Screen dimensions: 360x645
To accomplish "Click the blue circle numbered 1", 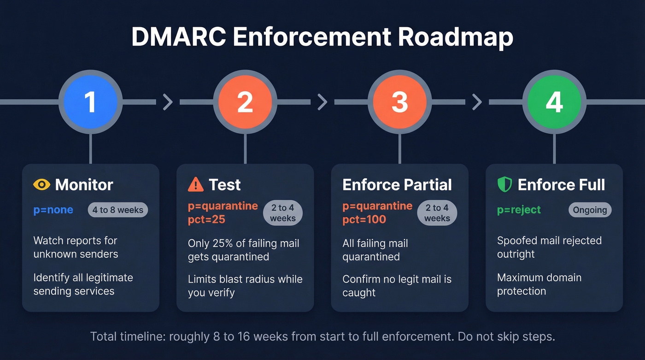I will point(90,102).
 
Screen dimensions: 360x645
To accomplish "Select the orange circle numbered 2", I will point(245,102).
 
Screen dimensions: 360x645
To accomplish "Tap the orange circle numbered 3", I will point(399,102).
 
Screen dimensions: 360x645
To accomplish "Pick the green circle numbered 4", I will point(554,102).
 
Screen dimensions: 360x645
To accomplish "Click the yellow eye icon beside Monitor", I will point(41,185).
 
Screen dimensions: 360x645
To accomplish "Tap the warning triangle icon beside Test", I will point(196,185).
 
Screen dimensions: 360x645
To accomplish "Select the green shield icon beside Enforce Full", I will point(505,185).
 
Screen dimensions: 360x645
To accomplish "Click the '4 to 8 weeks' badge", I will point(118,210).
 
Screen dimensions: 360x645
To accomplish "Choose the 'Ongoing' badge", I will point(590,210).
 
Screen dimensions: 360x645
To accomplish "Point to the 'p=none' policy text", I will point(53,210).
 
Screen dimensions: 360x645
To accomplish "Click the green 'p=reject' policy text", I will point(519,210).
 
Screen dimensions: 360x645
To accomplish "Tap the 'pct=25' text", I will point(207,219).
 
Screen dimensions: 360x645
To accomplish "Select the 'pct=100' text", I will point(364,219).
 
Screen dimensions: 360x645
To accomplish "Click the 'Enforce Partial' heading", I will point(397,185).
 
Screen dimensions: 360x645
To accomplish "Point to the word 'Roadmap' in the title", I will point(455,37).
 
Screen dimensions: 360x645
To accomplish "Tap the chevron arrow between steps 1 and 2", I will point(168,102).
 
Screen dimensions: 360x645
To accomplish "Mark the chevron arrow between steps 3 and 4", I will point(477,102).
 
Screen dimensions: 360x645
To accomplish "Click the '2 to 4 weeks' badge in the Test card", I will point(282,213).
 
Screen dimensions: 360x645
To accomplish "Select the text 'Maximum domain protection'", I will point(539,284).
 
